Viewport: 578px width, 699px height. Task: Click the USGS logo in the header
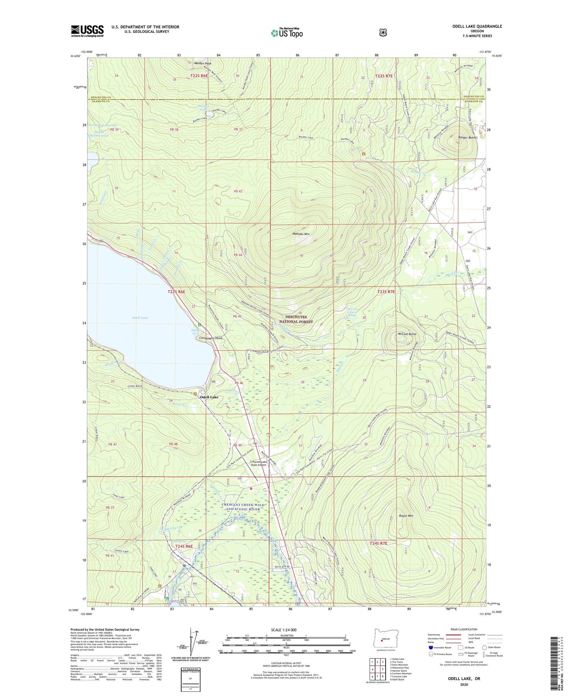pos(87,31)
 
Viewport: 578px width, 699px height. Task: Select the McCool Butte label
pos(407,334)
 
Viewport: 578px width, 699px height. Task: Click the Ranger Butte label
pos(467,137)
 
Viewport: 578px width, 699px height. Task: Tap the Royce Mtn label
pos(406,516)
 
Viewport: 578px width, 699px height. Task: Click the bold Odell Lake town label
pos(209,397)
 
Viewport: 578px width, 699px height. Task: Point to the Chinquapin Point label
pos(211,338)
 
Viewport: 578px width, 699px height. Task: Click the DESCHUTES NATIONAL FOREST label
pos(296,319)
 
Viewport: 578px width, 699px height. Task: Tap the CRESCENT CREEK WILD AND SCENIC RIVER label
pos(243,507)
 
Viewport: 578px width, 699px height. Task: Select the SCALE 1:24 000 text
pos(284,630)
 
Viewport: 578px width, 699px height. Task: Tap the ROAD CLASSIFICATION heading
pos(464,629)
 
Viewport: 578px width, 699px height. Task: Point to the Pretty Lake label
pos(121,551)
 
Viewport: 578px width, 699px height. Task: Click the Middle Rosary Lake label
pos(99,134)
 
